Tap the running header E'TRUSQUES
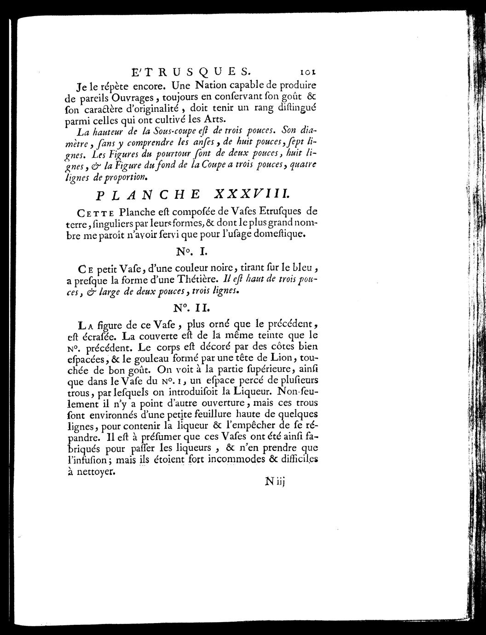(x=191, y=72)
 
